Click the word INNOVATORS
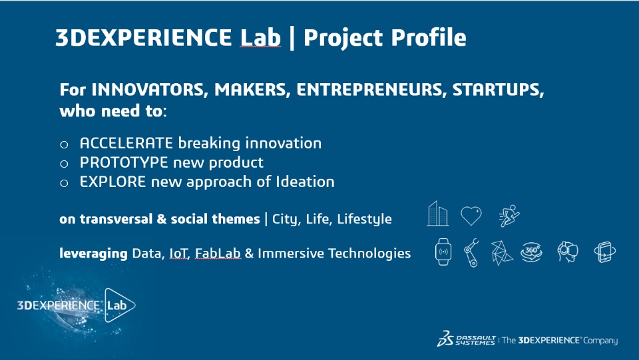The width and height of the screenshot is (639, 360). (148, 90)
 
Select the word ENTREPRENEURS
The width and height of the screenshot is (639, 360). (369, 90)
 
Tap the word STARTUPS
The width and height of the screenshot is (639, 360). (498, 90)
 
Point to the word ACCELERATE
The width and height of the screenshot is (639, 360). (126, 143)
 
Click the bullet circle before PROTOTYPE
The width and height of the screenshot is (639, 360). (64, 164)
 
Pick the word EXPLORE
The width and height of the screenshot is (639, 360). (113, 182)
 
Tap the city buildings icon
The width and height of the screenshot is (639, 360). (438, 214)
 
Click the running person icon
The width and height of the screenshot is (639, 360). (509, 216)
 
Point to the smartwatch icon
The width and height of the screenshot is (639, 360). (443, 252)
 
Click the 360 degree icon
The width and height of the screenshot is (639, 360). (531, 252)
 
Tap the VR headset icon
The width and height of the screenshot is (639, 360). (567, 252)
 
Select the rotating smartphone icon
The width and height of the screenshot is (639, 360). (605, 252)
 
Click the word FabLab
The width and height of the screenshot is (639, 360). (218, 254)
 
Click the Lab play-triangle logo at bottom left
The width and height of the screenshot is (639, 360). (119, 305)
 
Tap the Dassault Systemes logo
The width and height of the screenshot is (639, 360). (466, 339)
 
